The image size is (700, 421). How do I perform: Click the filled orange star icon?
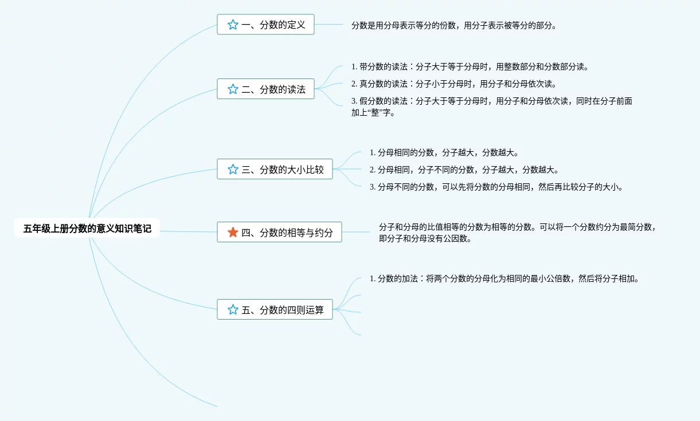[233, 232]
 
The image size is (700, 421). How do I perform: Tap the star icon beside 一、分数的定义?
[233, 25]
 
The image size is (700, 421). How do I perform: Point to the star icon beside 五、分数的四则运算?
[233, 309]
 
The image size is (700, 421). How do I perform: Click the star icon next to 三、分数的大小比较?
[233, 169]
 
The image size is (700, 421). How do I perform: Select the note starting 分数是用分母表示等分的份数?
[453, 25]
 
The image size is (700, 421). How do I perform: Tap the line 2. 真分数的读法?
[453, 84]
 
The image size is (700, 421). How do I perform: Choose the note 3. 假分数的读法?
[491, 107]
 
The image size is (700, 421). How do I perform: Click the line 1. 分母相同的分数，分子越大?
[444, 152]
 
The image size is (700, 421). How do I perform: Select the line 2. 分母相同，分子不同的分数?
[464, 170]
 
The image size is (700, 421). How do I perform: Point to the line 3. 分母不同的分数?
[496, 187]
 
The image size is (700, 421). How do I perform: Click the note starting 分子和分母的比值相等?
[516, 233]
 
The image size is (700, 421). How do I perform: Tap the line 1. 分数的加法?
[504, 279]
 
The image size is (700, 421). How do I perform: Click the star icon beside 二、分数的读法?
[233, 89]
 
